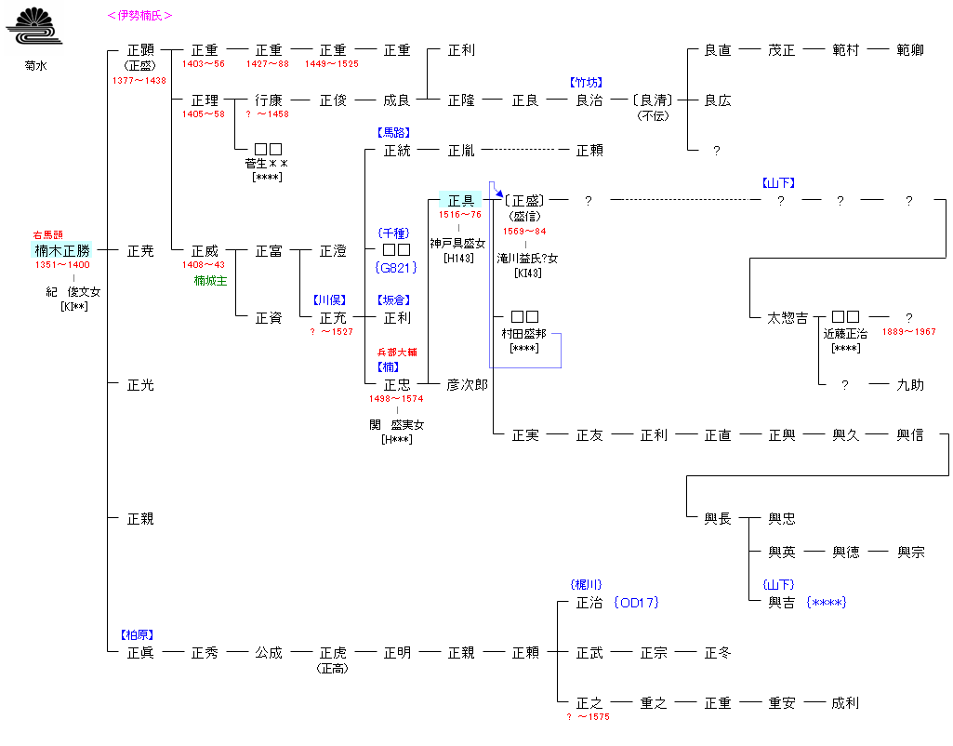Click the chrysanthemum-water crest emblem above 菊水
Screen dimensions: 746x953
click(33, 27)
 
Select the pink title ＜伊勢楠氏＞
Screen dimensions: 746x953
click(139, 16)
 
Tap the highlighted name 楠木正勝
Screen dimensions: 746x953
click(62, 250)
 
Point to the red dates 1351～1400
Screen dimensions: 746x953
click(62, 265)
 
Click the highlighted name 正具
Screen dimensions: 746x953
click(461, 200)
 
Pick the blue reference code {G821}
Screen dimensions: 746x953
click(397, 267)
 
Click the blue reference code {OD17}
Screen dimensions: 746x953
click(636, 603)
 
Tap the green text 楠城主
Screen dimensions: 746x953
click(210, 280)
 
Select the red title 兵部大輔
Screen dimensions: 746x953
click(397, 353)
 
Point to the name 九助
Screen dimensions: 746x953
click(910, 384)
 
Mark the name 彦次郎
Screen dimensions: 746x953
click(467, 384)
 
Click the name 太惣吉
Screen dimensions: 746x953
click(787, 317)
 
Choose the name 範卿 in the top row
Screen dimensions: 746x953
click(910, 49)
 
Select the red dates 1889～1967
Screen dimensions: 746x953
click(908, 332)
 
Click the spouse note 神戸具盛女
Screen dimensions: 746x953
click(457, 243)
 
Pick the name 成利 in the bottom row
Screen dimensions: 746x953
click(846, 702)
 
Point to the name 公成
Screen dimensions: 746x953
click(269, 652)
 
